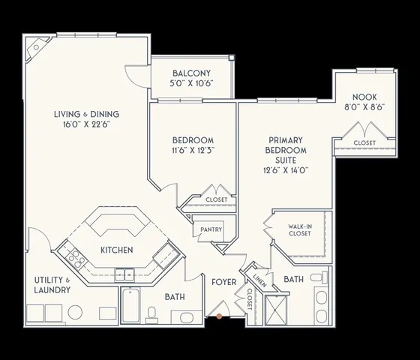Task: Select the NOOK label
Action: pyautogui.click(x=364, y=97)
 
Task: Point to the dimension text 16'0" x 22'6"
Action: pyautogui.click(x=86, y=125)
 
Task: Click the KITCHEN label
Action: pyautogui.click(x=117, y=250)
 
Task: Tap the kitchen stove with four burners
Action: pyautogui.click(x=75, y=259)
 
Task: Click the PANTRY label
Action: pyautogui.click(x=205, y=231)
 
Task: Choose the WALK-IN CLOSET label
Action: pyautogui.click(x=300, y=229)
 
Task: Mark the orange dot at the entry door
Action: pyautogui.click(x=218, y=316)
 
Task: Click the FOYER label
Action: pyautogui.click(x=223, y=282)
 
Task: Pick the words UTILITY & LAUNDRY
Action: pyautogui.click(x=52, y=284)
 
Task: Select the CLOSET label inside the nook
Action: pyautogui.click(x=364, y=142)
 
